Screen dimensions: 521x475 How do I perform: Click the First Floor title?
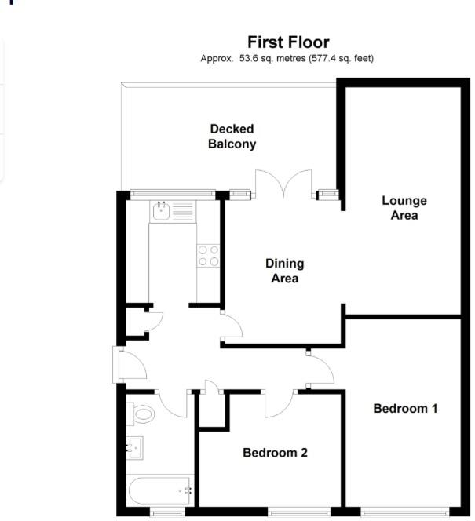288,42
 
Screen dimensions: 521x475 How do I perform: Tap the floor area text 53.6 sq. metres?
267,59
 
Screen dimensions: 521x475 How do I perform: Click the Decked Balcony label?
232,137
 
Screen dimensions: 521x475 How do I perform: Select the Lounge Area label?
404,207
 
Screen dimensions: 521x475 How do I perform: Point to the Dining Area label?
284,271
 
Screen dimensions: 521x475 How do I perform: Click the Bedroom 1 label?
405,408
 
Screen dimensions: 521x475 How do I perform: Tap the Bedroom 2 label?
275,453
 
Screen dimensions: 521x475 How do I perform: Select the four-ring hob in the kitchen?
208,256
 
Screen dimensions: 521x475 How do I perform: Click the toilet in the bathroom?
141,414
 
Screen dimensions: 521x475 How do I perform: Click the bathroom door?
172,403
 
